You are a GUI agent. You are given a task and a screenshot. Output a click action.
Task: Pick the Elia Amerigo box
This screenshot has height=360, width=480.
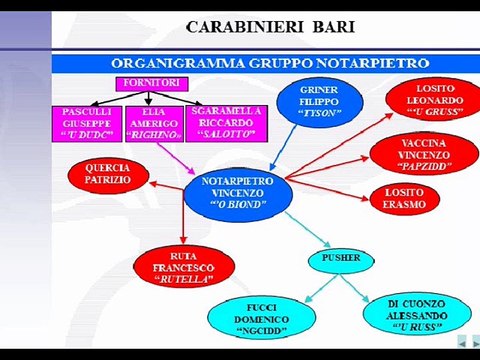tap(152, 124)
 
